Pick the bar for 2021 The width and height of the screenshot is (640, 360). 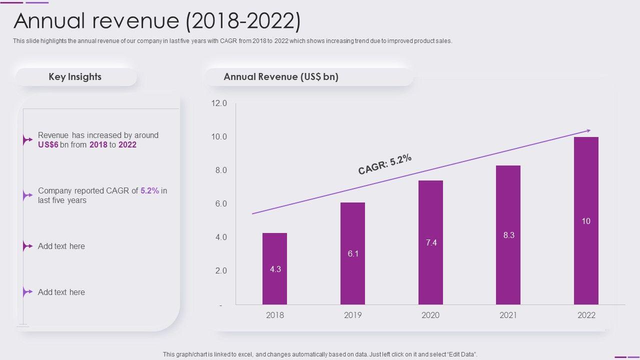tap(508, 235)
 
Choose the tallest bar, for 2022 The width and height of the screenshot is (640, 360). tap(586, 220)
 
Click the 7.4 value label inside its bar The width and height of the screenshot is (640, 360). tap(431, 242)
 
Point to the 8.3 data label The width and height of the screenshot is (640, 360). tap(509, 235)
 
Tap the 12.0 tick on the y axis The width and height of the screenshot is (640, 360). tap(219, 103)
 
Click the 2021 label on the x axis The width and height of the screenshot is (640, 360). tap(508, 315)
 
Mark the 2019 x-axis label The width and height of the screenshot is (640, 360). tap(352, 315)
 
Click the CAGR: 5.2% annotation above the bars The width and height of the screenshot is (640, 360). tap(385, 164)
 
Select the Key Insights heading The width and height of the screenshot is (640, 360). tap(75, 77)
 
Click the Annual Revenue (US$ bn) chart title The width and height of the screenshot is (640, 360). tap(281, 77)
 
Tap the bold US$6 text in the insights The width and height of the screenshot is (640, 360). tap(48, 145)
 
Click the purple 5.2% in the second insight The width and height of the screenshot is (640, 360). tap(149, 190)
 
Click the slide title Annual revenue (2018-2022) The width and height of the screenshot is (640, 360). tap(157, 21)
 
